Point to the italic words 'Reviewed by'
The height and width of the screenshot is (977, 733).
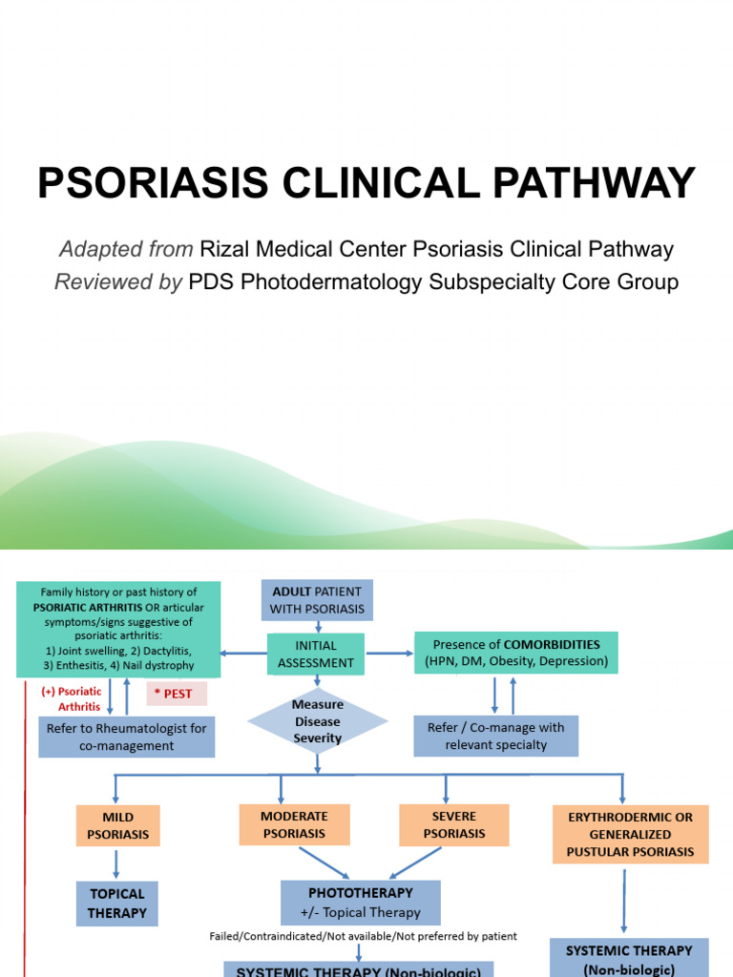[118, 282]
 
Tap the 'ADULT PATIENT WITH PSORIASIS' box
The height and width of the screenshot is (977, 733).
[317, 600]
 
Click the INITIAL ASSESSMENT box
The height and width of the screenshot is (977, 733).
[316, 655]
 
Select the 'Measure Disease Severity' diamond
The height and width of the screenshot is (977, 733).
[317, 722]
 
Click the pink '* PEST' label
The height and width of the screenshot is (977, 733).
[176, 694]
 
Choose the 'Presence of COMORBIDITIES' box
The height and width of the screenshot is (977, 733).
[515, 653]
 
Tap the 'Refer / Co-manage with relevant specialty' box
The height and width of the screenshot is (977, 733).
[495, 736]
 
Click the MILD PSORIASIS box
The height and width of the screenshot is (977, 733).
[117, 825]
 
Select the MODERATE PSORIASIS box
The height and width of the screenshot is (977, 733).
[294, 824]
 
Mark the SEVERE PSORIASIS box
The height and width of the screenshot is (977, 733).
[454, 824]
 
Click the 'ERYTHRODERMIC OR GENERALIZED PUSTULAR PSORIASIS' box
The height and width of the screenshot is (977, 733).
[630, 834]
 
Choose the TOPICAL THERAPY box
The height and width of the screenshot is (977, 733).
[117, 904]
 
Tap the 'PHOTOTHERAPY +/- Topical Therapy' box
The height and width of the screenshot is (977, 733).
[361, 903]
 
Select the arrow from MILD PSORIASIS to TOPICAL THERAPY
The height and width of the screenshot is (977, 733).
[117, 863]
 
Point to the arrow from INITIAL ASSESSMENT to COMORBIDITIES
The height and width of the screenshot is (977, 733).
[389, 654]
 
